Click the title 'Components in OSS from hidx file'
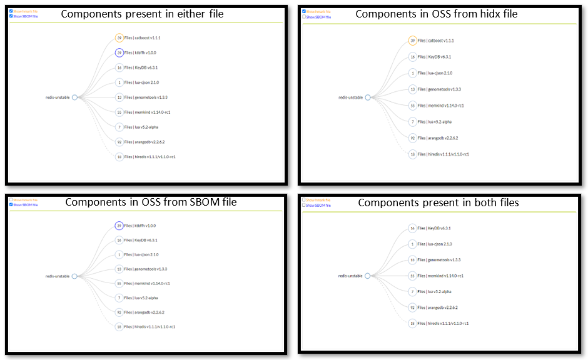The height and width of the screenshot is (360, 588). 436,14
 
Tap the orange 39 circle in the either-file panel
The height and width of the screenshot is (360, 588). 119,37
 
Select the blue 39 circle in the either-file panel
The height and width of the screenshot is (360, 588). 119,53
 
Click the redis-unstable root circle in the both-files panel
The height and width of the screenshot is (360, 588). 367,276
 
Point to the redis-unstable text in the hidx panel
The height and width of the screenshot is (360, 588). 350,97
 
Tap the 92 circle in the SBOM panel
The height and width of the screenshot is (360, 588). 119,312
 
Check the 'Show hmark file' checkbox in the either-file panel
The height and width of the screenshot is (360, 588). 11,11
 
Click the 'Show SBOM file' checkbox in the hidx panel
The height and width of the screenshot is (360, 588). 304,17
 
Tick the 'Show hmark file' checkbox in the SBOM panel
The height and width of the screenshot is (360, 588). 11,200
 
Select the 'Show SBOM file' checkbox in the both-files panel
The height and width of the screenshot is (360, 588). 304,205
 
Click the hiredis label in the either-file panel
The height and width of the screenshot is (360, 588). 150,157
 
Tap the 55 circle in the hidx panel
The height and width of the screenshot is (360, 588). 412,106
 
